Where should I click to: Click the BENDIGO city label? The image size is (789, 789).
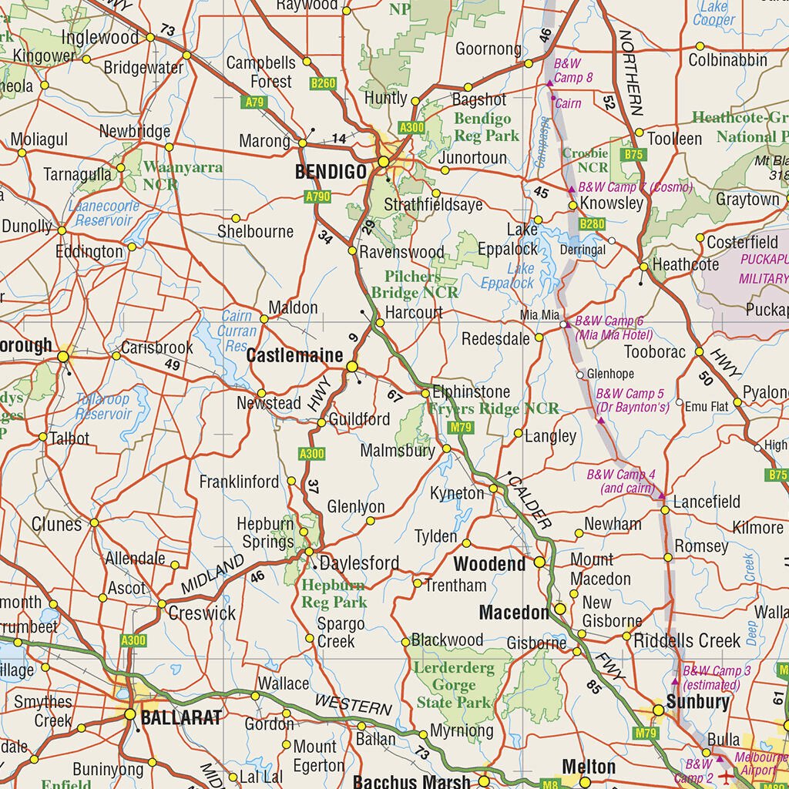coord(331,172)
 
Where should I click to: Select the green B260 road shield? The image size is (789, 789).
coord(324,82)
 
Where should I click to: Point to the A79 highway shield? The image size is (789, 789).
coord(253,102)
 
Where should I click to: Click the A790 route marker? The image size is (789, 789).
coord(317,196)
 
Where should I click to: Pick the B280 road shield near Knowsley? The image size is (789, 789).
coord(592,223)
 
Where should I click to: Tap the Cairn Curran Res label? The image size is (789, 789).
coord(237,331)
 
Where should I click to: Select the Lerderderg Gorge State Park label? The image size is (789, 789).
coord(454,685)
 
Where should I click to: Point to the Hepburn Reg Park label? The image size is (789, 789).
coord(334,593)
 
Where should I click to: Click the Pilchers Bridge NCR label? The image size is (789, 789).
coord(414,284)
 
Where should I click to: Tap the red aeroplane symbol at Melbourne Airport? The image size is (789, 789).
coord(725,777)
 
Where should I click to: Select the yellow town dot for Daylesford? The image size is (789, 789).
coord(309,552)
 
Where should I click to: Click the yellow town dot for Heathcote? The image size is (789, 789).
coord(644,267)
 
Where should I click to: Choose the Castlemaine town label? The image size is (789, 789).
coord(294,356)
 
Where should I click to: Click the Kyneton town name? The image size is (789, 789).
coord(457,492)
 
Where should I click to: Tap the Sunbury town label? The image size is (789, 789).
coord(698,701)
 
